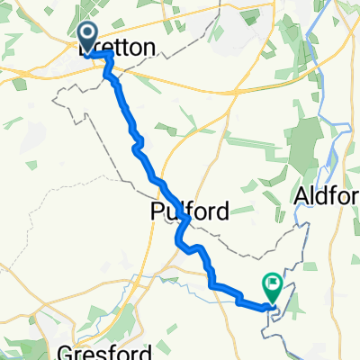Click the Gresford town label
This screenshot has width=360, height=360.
[90, 350]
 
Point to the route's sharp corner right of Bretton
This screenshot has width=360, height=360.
[111, 55]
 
